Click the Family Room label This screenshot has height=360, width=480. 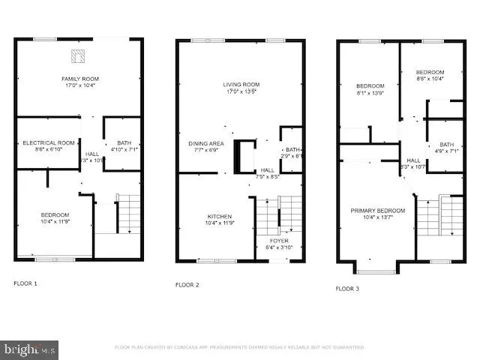point(79,82)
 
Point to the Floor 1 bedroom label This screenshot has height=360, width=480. point(55,218)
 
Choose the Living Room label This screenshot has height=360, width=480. point(241,88)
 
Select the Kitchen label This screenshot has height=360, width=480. point(220,220)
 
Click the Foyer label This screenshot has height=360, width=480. point(277,244)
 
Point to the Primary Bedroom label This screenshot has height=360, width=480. point(377,214)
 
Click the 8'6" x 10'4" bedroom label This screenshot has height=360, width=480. point(430,75)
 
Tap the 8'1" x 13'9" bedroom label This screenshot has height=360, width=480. point(370,89)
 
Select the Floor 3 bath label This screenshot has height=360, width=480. point(447,148)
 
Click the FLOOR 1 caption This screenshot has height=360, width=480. point(25,283)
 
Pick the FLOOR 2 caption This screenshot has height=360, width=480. point(187,285)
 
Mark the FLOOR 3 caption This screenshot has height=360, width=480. point(347,288)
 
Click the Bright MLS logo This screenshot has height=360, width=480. point(30,349)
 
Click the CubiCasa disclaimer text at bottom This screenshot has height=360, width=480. point(239,347)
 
